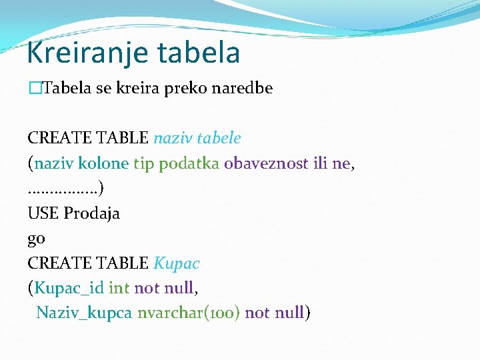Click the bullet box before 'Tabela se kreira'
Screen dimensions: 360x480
click(x=34, y=89)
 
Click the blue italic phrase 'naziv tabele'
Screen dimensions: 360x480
click(x=197, y=138)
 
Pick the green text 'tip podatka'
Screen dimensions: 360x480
click(x=177, y=163)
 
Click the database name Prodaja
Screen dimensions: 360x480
click(x=92, y=213)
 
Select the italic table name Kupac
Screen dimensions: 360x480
click(x=177, y=263)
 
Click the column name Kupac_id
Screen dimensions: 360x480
click(x=69, y=289)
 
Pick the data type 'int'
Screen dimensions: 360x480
click(x=119, y=288)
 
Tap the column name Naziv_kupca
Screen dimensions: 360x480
click(x=84, y=313)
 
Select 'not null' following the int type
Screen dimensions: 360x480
click(x=164, y=288)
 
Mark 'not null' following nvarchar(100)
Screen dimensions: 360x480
click(x=275, y=313)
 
